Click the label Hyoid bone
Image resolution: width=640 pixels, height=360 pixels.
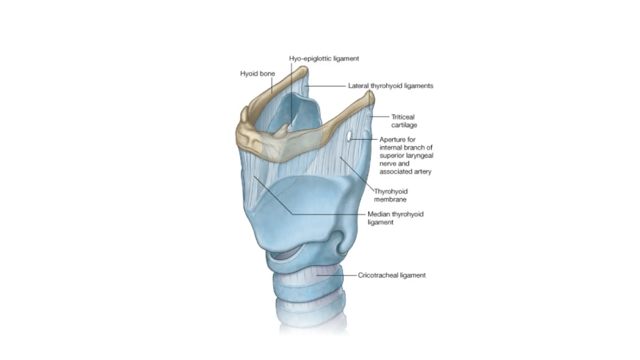257,74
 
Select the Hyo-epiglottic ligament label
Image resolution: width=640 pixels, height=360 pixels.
324,58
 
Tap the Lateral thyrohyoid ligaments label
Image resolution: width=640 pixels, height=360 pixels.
391,86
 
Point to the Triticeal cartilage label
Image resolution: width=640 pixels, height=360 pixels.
404,121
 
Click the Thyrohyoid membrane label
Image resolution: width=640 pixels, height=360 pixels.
391,195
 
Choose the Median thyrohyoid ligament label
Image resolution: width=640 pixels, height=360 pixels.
395,218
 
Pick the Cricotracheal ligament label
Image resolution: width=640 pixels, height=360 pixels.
392,275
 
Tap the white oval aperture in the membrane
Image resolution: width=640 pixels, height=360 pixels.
349,136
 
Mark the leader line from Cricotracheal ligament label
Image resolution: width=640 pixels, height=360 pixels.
337,275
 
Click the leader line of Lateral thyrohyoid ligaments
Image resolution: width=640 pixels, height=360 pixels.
327,86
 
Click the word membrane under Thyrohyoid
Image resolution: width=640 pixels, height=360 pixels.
390,199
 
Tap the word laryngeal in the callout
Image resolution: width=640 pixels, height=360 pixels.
419,156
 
